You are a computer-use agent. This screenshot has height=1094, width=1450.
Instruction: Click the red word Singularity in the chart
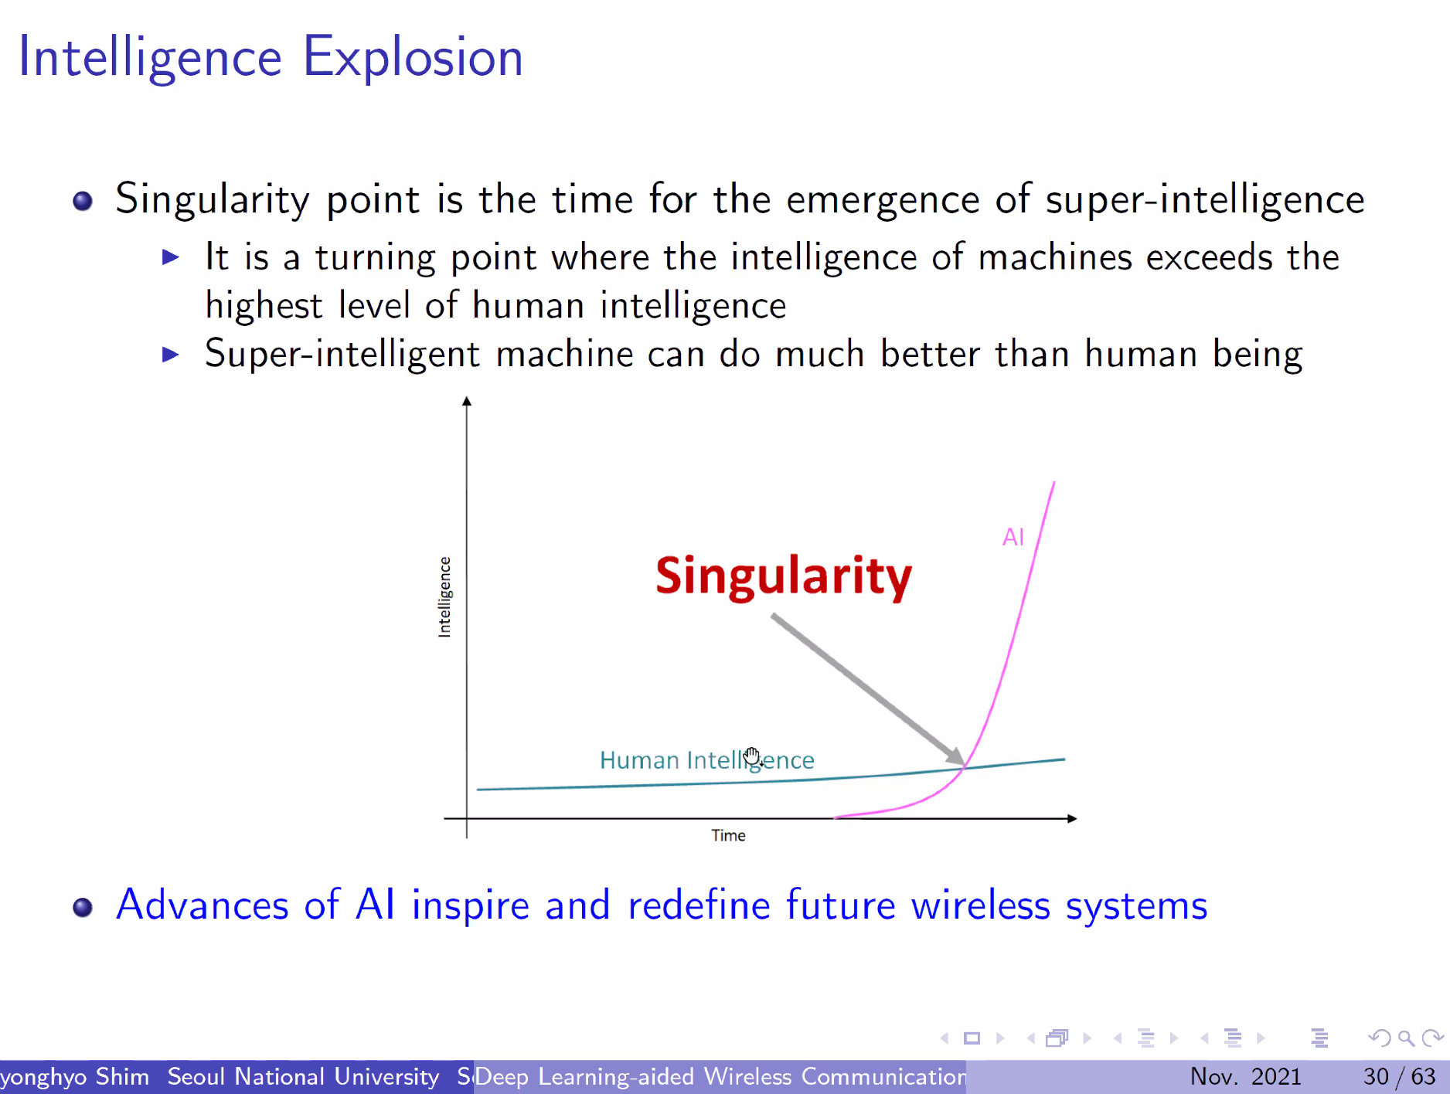point(784,576)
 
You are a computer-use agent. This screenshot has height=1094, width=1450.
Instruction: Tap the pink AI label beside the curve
point(1013,537)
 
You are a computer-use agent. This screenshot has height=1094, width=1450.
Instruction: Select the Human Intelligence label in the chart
point(707,761)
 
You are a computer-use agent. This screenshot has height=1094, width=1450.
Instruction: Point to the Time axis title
point(728,835)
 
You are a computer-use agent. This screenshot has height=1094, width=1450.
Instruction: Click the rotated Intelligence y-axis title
point(444,596)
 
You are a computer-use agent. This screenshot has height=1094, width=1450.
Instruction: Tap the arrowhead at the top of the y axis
point(467,401)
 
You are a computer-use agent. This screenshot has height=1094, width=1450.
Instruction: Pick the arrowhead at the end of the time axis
point(1072,818)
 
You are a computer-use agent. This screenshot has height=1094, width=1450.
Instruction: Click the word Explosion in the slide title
point(413,58)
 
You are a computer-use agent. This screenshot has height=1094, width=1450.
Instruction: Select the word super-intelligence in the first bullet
point(1205,200)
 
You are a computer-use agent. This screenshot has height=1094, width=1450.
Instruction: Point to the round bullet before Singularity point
point(83,202)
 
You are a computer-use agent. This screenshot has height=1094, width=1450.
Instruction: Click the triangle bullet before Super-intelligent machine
point(171,355)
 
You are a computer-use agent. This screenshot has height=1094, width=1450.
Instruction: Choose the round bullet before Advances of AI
point(83,907)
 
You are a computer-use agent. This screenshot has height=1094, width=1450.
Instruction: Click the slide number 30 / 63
point(1399,1076)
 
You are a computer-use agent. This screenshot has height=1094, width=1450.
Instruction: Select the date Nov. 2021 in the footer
point(1246,1076)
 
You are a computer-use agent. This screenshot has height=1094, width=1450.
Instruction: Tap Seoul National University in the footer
point(303,1076)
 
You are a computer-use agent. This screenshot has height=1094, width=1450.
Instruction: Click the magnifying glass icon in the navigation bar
point(1406,1038)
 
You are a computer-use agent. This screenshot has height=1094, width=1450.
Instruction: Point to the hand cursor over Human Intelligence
point(753,756)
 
